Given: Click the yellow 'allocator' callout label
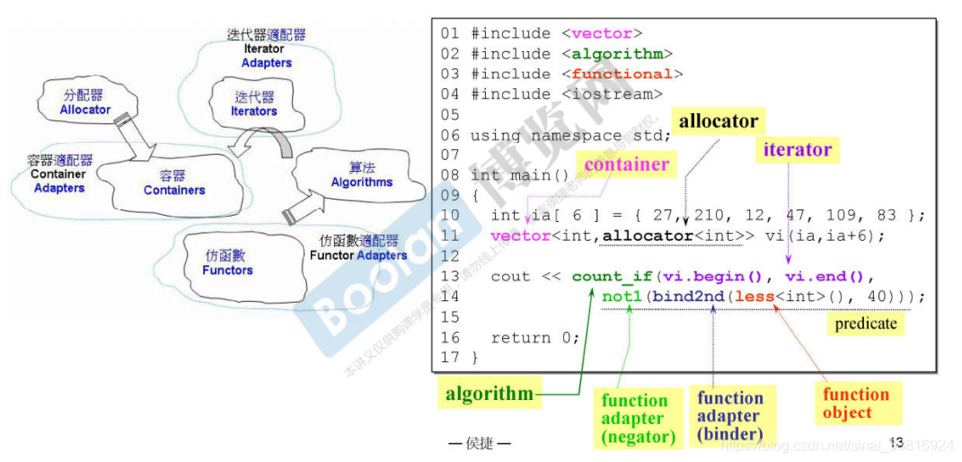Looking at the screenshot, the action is coord(718,121).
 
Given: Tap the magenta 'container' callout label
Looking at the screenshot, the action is coord(626,164).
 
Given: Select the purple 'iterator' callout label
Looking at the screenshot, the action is coord(797,150).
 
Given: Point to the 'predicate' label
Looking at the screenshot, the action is coord(865,324).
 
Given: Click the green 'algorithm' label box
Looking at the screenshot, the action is coord(490,393).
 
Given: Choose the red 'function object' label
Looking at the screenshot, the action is coord(855,404).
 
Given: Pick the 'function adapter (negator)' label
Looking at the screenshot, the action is coord(638,419).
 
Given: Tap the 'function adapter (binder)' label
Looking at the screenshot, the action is coord(728,416).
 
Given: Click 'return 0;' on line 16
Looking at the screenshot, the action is coord(534,338).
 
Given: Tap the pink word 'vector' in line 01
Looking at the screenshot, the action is coord(602,33).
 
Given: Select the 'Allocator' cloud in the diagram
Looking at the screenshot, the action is coord(85,102).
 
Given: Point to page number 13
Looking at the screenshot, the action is coord(896,442).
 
